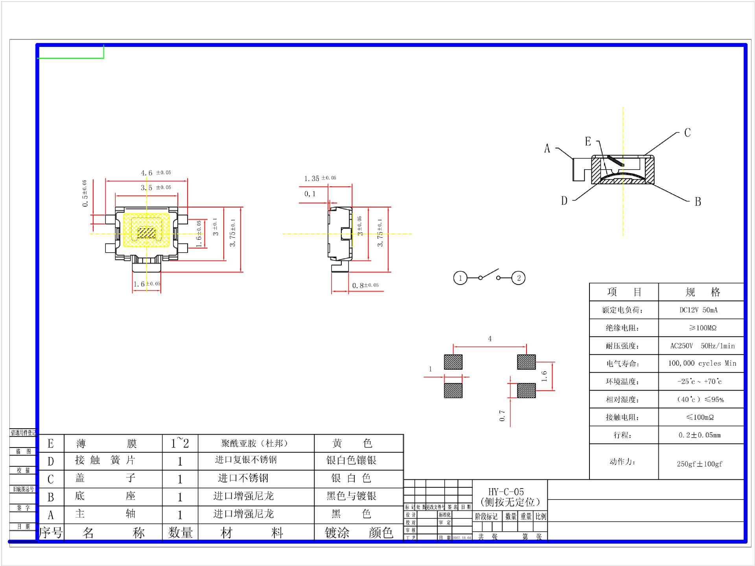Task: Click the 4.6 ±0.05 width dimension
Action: click(x=156, y=173)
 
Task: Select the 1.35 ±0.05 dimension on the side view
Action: click(x=320, y=178)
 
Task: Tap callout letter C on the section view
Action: click(x=687, y=133)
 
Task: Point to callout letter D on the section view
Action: click(x=564, y=201)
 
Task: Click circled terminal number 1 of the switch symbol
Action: click(x=460, y=278)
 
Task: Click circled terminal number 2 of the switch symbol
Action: click(x=518, y=278)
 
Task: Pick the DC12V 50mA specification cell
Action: click(x=698, y=310)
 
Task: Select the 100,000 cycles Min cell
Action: click(x=702, y=363)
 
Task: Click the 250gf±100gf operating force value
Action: click(x=699, y=464)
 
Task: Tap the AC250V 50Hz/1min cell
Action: click(x=702, y=346)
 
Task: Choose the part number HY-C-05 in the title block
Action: click(x=506, y=492)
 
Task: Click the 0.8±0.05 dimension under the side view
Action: click(x=365, y=285)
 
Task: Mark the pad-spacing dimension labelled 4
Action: click(x=490, y=338)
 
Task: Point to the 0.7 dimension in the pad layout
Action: click(x=502, y=415)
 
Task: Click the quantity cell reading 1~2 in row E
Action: click(x=180, y=443)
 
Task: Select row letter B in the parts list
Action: click(x=51, y=497)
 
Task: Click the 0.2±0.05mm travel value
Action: click(x=699, y=435)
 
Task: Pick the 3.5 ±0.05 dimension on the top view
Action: click(x=156, y=188)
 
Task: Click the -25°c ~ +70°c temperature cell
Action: click(x=699, y=381)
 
